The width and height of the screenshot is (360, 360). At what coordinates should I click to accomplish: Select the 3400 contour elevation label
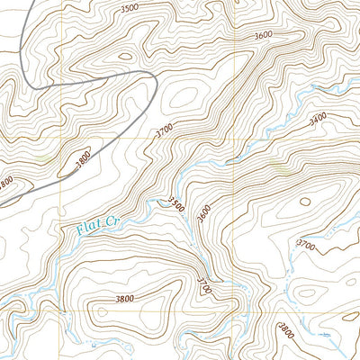[318, 118]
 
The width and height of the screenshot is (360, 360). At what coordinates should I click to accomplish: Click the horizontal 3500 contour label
[130, 7]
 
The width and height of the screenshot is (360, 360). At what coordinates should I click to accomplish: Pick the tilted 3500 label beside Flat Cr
[175, 205]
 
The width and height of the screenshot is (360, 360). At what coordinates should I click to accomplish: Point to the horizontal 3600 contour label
[263, 35]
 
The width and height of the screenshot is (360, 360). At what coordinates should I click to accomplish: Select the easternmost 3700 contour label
[307, 245]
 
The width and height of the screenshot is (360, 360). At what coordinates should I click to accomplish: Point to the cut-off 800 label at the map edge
[6, 183]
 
